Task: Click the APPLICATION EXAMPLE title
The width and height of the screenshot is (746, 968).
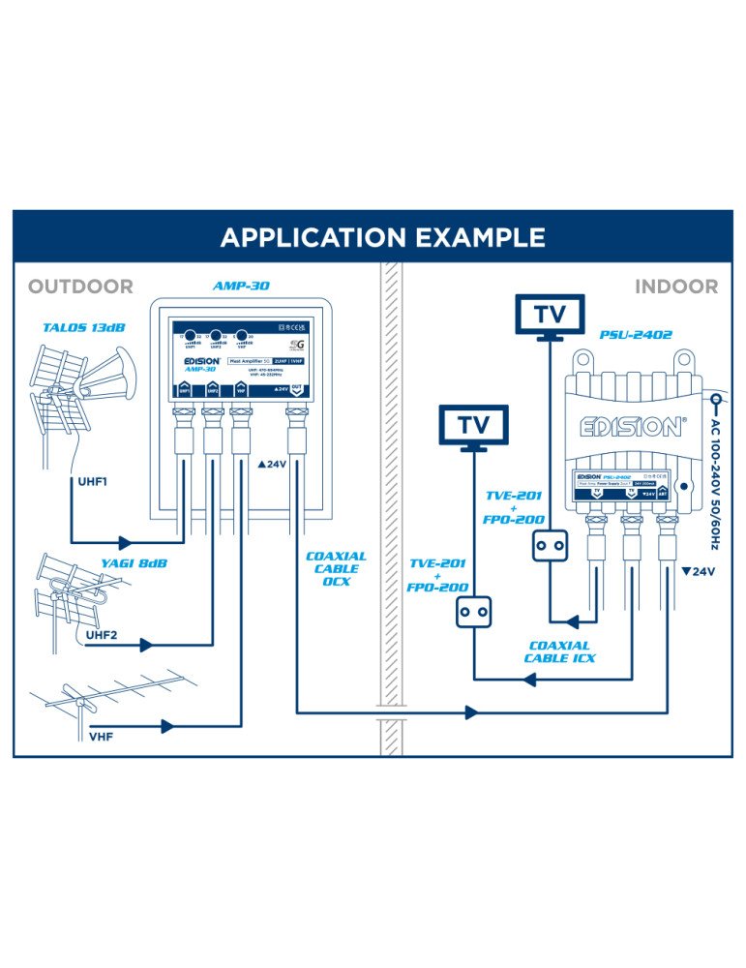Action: (x=382, y=237)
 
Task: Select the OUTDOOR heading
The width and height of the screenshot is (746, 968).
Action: (x=80, y=287)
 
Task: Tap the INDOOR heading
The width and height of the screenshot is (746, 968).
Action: (x=676, y=287)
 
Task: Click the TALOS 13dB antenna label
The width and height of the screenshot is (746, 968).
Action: (x=84, y=328)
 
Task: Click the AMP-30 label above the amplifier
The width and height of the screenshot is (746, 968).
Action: (x=240, y=287)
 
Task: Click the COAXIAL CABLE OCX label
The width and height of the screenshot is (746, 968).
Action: (x=337, y=569)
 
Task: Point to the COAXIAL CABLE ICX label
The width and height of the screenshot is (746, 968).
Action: (x=561, y=651)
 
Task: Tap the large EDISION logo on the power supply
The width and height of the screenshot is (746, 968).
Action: (x=631, y=426)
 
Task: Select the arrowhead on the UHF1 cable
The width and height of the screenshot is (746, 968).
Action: (x=125, y=542)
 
